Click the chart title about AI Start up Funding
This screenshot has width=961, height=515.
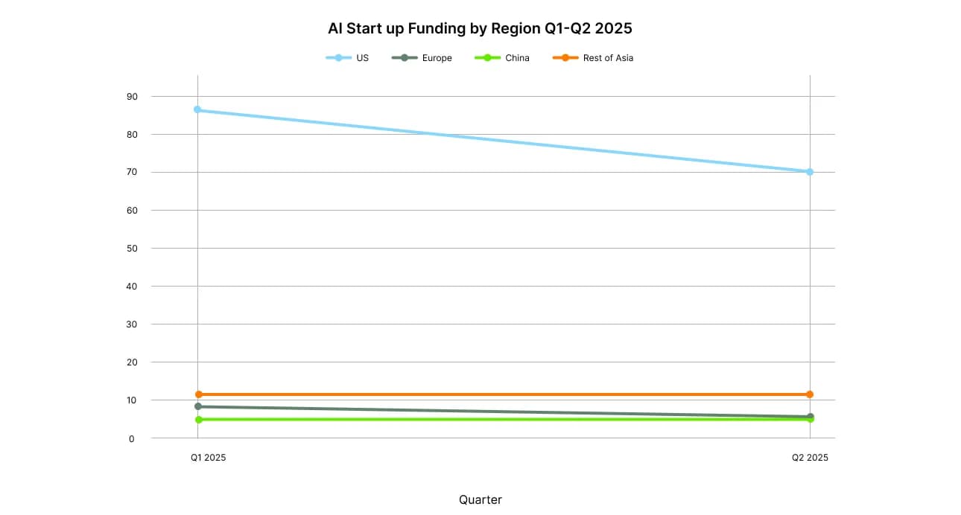pyautogui.click(x=480, y=29)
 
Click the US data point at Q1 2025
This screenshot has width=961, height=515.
pyautogui.click(x=197, y=109)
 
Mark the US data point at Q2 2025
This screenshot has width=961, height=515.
pyautogui.click(x=810, y=172)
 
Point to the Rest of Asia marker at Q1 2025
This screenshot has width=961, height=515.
pyautogui.click(x=198, y=394)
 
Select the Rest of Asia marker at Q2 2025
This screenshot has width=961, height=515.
pyautogui.click(x=810, y=394)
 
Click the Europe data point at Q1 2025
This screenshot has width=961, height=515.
pyautogui.click(x=197, y=406)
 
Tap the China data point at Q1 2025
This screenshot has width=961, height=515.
pyautogui.click(x=198, y=420)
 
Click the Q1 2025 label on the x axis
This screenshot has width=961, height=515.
pyautogui.click(x=208, y=458)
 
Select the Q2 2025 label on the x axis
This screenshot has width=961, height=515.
pyautogui.click(x=810, y=458)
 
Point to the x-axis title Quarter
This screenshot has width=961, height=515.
pyautogui.click(x=480, y=500)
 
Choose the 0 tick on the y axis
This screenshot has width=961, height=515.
pyautogui.click(x=133, y=438)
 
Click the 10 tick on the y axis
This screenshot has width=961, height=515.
pyautogui.click(x=131, y=400)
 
